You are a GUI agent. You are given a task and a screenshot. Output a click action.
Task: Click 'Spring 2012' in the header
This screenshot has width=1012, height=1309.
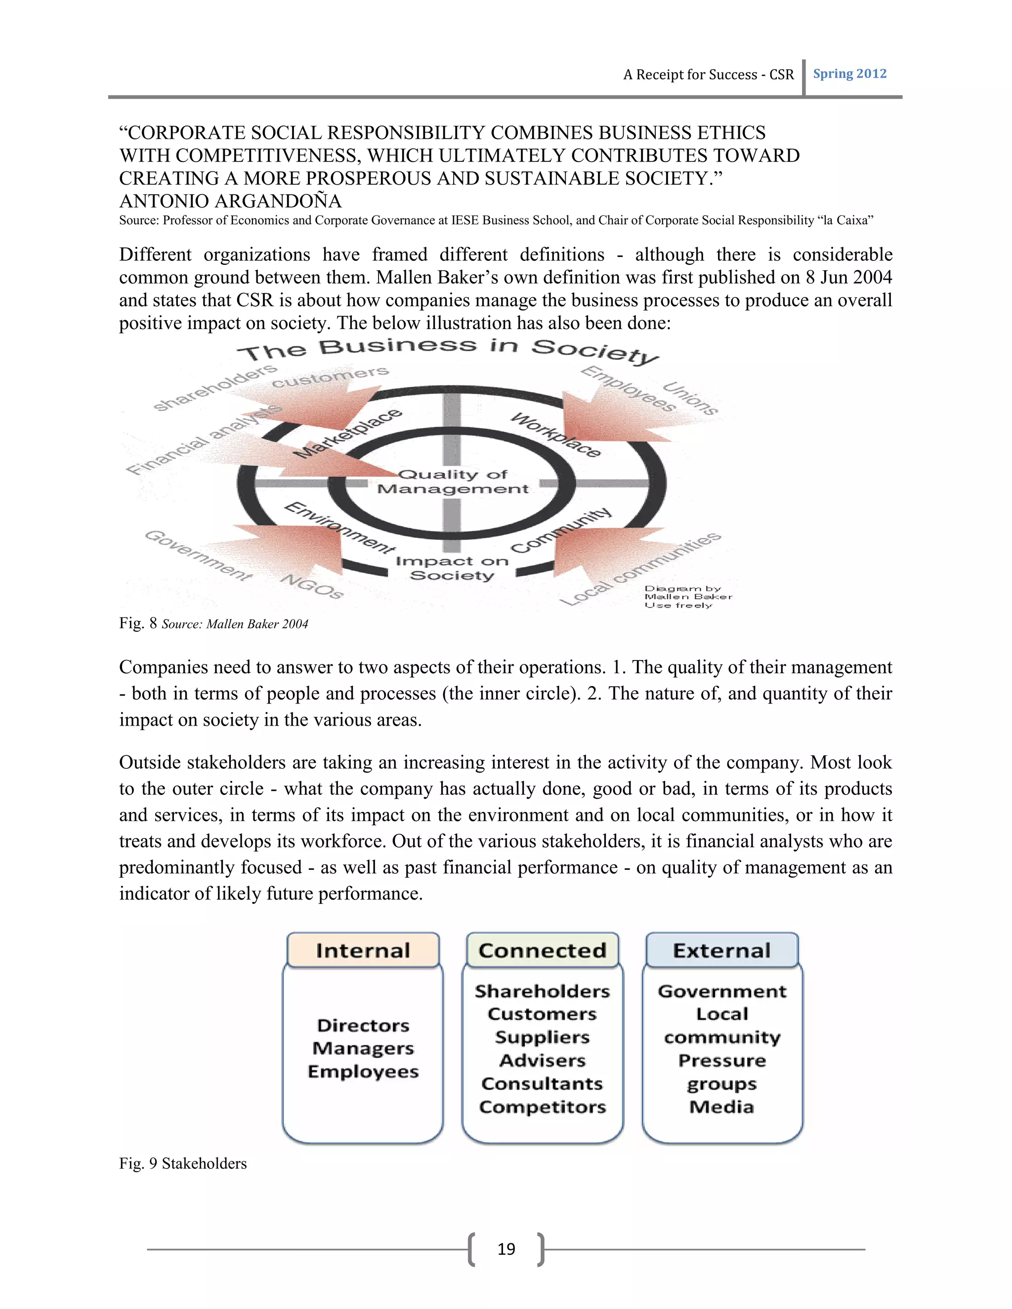pyautogui.click(x=849, y=74)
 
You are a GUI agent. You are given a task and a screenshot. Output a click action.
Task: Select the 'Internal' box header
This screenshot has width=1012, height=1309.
pyautogui.click(x=363, y=950)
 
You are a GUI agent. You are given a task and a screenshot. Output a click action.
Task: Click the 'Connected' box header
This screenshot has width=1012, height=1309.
pyautogui.click(x=542, y=950)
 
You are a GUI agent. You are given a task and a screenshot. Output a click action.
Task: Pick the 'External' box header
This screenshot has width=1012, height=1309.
pyautogui.click(x=721, y=950)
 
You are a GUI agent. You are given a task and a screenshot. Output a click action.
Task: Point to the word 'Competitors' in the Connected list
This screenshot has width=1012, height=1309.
pyautogui.click(x=542, y=1107)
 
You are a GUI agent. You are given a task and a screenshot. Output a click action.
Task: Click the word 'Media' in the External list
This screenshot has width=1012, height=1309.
pyautogui.click(x=721, y=1107)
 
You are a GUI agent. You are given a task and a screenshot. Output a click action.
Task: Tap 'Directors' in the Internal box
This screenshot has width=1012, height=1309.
pyautogui.click(x=363, y=1025)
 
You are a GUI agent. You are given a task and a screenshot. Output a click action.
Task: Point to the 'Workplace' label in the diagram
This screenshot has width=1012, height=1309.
pyautogui.click(x=555, y=435)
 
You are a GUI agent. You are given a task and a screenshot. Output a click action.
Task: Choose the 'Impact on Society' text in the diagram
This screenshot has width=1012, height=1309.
pyautogui.click(x=452, y=568)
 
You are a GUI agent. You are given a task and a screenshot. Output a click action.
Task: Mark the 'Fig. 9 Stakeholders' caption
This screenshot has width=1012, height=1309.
pyautogui.click(x=183, y=1163)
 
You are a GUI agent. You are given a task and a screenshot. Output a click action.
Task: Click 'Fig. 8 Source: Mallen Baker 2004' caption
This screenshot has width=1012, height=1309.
pyautogui.click(x=213, y=624)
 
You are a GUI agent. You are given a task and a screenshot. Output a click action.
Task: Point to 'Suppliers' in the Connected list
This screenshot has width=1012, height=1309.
pyautogui.click(x=542, y=1037)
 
